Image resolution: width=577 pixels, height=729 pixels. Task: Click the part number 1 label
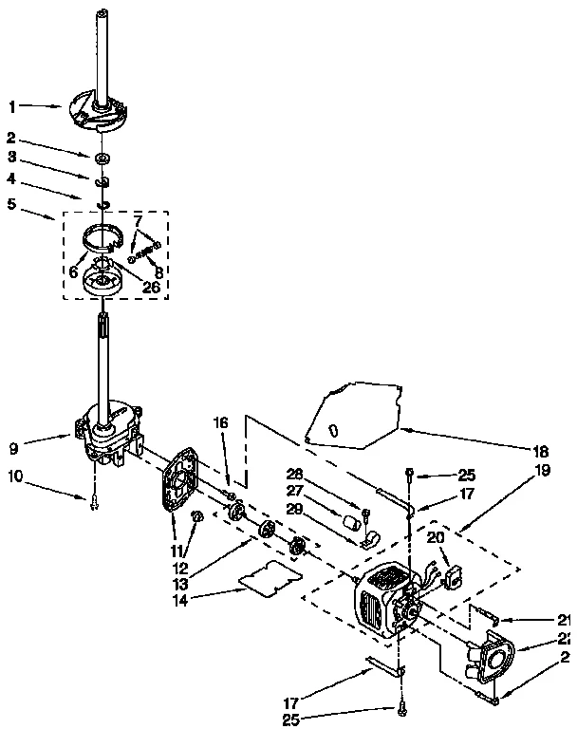13,106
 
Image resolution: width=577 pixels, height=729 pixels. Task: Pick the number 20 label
435,537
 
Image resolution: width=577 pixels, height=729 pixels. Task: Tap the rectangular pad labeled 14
268,578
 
